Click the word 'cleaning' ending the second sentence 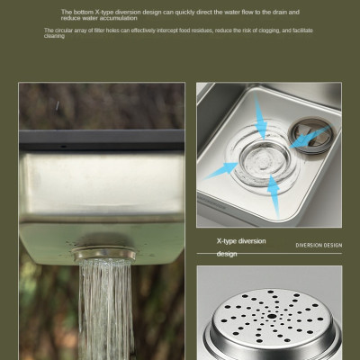pyautogui.click(x=55, y=36)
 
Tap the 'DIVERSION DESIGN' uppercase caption pyautogui.click(x=319, y=245)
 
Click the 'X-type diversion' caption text pyautogui.click(x=241, y=241)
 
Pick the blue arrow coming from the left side pyautogui.click(x=222, y=167)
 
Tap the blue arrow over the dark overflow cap pyautogui.click(x=311, y=136)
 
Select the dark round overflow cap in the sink pyautogui.click(x=311, y=135)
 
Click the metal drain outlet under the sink pyautogui.click(x=105, y=252)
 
